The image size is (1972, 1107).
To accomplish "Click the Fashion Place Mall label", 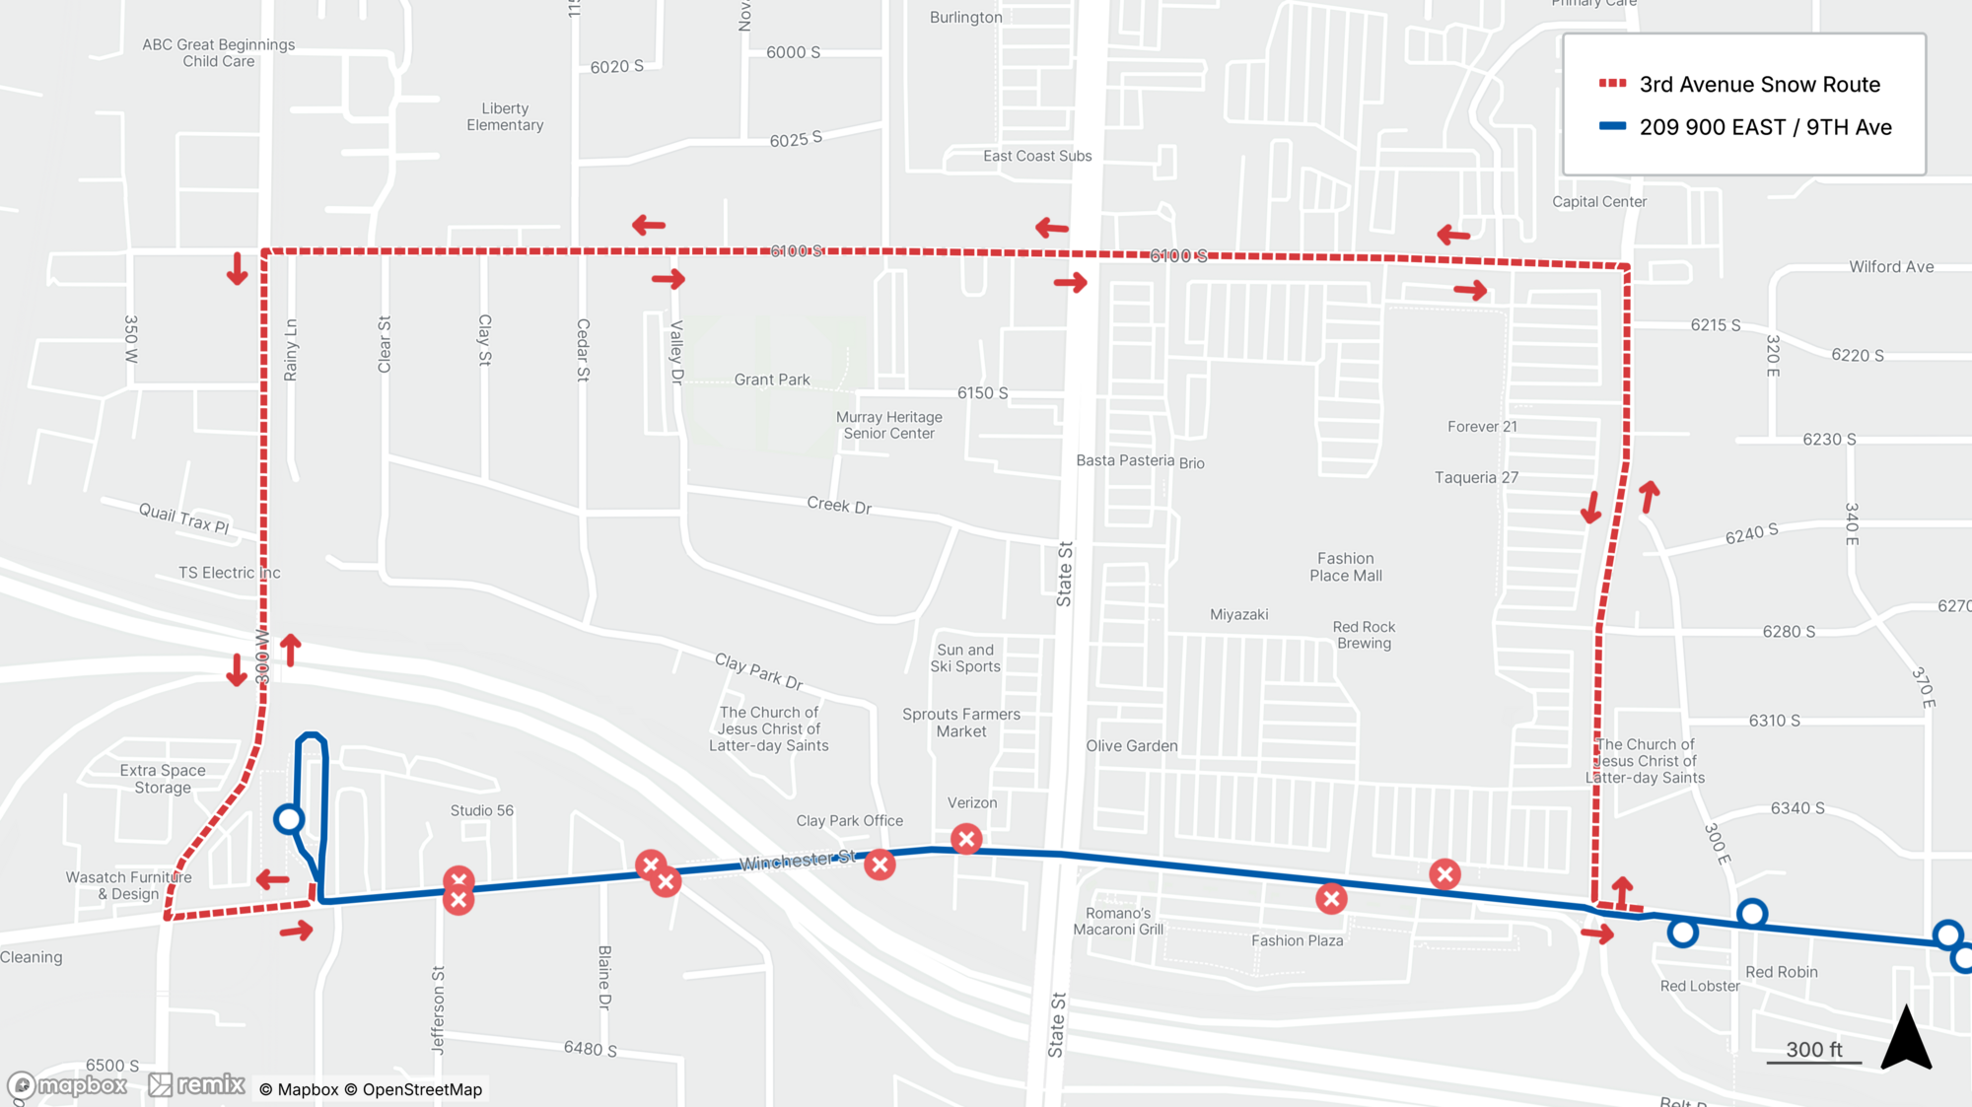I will click(x=1345, y=567).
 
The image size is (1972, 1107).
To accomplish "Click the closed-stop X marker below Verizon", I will click(x=966, y=839).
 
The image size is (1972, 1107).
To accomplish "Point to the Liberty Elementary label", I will click(x=505, y=116).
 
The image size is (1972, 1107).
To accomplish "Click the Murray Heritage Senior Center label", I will click(x=888, y=425).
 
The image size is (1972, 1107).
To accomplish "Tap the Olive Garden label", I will click(x=1131, y=746).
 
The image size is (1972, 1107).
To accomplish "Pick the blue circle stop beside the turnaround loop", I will click(x=289, y=819).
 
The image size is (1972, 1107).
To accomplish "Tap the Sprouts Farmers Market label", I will click(x=960, y=723).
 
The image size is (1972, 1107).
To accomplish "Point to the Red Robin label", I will click(x=1781, y=972).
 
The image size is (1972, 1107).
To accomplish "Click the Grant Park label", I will click(x=771, y=380).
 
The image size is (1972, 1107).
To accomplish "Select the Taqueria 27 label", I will click(x=1475, y=478).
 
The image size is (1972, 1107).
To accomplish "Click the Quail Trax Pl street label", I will click(x=183, y=518).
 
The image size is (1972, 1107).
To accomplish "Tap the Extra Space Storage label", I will click(x=163, y=779).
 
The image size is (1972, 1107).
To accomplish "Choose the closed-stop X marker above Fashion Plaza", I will click(x=1331, y=898).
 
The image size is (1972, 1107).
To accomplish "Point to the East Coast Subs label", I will click(x=1036, y=156).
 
